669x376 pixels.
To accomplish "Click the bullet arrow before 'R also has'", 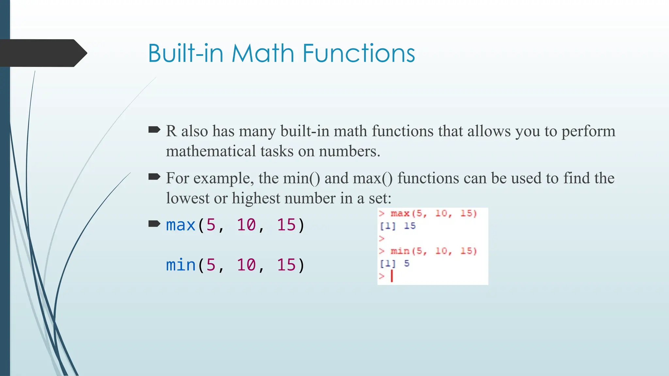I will (x=154, y=130).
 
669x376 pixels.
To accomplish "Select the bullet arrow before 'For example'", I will (x=154, y=177).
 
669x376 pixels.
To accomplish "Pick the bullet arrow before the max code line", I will (x=154, y=224).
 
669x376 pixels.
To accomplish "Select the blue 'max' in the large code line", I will (x=180, y=225).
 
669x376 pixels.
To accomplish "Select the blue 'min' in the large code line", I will (x=180, y=265).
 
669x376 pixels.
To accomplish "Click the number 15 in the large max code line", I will (x=286, y=225).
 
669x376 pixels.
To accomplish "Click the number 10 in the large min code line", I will (x=246, y=265).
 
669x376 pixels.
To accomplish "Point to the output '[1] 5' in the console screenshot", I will (x=395, y=263).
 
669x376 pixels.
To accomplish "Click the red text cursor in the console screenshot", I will (x=392, y=276).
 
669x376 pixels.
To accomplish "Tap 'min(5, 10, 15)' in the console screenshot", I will (x=433, y=251).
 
